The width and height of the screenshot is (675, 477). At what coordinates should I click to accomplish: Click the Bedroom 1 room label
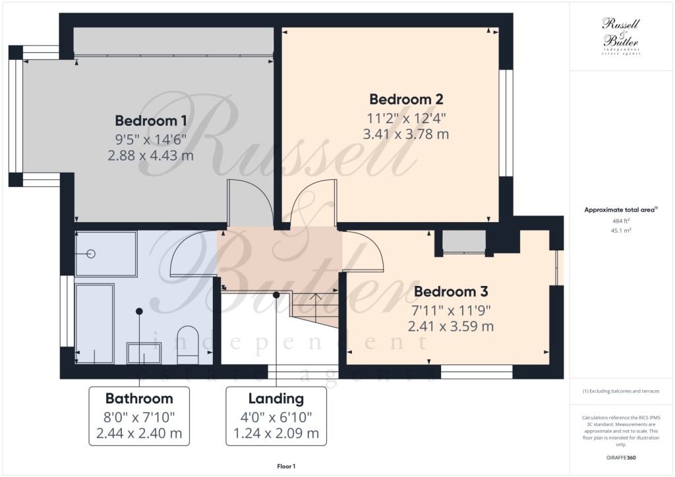[151, 121]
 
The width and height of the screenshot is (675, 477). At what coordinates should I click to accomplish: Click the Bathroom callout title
[139, 399]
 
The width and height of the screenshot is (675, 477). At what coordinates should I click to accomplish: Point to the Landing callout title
[276, 399]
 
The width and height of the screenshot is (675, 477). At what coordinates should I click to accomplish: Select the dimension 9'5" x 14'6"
[151, 139]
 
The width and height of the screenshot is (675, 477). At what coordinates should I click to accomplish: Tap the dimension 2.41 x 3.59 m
[450, 325]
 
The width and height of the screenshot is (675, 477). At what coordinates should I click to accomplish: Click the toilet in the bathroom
[187, 343]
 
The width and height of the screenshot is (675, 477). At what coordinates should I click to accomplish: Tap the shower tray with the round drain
[105, 254]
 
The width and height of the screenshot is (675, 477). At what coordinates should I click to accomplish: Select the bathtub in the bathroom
[95, 323]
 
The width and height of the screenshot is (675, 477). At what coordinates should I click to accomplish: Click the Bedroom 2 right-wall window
[506, 123]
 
